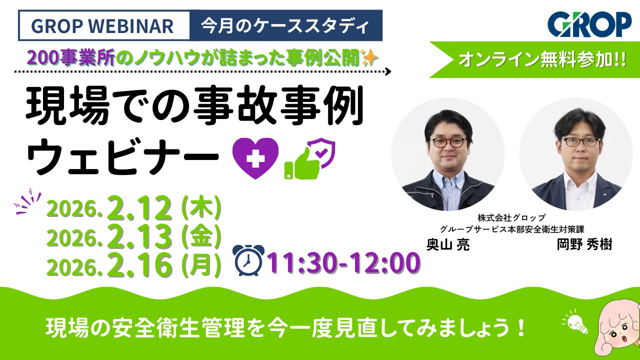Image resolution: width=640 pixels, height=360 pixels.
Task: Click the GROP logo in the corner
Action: pos(589,24)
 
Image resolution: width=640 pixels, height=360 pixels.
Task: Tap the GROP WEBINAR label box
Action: pos(104,25)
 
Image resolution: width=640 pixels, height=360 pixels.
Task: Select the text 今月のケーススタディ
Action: pos(285,25)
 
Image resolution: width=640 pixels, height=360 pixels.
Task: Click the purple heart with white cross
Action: pos(255,158)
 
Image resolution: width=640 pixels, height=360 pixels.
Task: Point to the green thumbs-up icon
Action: pos(302,163)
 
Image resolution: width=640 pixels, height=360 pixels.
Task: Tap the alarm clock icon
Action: pos(248,260)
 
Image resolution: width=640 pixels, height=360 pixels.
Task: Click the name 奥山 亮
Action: pos(447,244)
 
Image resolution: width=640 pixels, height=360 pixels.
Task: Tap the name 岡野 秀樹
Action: pos(584,244)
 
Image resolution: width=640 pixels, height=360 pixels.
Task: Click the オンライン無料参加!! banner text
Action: pos(542,59)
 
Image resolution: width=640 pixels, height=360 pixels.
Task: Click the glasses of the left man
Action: pos(448,142)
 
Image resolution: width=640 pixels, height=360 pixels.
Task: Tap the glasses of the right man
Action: pos(580,142)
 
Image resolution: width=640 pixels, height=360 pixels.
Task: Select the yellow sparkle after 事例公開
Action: pos(369,57)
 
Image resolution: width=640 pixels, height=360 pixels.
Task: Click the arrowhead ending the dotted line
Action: pos(388,71)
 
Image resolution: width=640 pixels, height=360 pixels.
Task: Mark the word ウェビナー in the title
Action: pos(122,156)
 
